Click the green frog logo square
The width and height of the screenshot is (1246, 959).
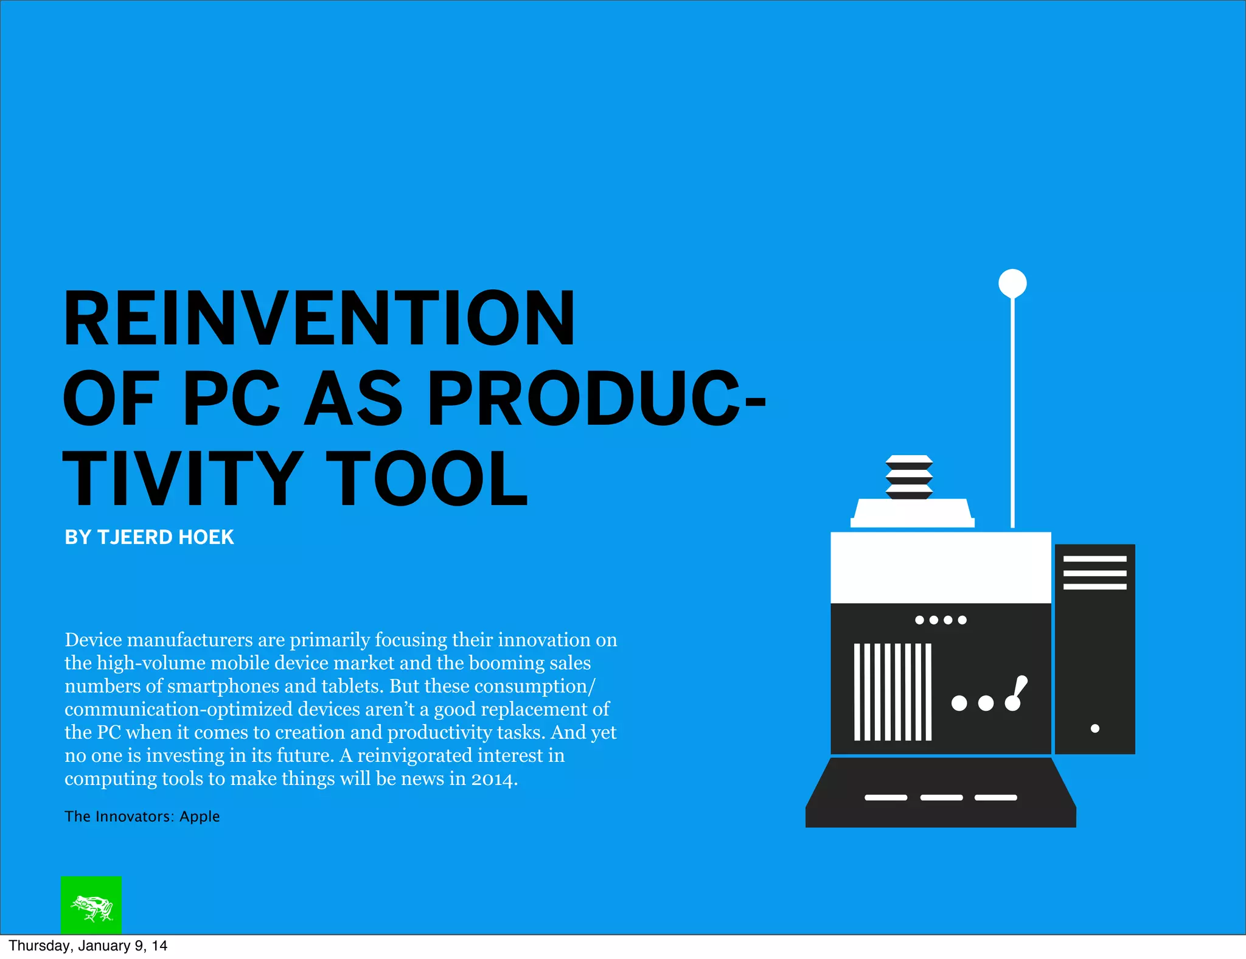click(x=91, y=905)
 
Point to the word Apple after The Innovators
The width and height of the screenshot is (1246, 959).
click(x=200, y=816)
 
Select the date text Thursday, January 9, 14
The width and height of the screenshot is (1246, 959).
click(x=88, y=946)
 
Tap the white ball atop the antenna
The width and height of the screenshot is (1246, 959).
click(x=1012, y=283)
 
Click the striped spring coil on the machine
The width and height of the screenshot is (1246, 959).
click(x=909, y=477)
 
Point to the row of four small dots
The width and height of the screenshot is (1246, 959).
click(x=941, y=620)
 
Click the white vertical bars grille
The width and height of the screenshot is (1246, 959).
click(x=893, y=692)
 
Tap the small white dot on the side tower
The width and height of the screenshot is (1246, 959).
click(x=1095, y=728)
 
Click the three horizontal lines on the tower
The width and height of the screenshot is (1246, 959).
click(x=1095, y=573)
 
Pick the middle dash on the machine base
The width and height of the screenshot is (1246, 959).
click(x=941, y=797)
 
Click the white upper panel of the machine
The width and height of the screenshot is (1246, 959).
click(x=941, y=567)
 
